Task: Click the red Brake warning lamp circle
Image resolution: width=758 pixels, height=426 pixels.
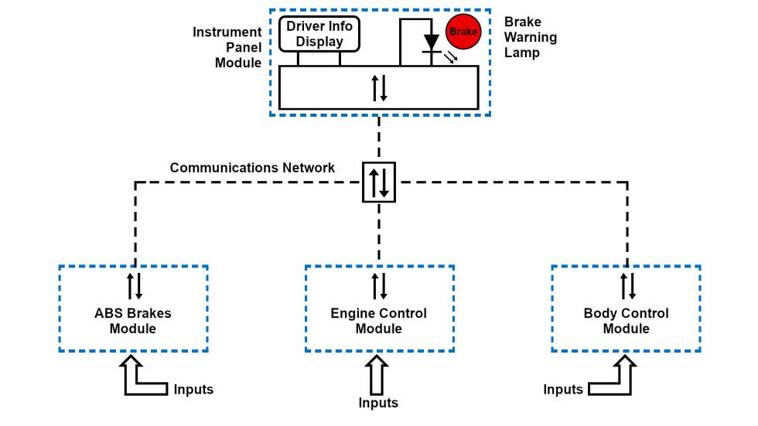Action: click(463, 32)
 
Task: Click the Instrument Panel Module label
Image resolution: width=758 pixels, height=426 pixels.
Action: click(227, 47)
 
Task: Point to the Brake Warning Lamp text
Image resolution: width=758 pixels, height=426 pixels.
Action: click(530, 37)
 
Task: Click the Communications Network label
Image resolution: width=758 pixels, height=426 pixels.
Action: click(252, 168)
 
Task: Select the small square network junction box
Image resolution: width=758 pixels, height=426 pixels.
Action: click(379, 182)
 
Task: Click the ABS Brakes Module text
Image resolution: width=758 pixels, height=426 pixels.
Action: click(133, 321)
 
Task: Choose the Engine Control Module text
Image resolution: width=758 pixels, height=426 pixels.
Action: click(379, 321)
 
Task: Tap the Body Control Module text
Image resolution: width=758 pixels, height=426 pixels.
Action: click(626, 321)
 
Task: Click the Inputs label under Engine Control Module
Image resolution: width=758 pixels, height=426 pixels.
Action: click(379, 403)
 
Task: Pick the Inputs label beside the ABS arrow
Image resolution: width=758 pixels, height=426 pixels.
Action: click(193, 390)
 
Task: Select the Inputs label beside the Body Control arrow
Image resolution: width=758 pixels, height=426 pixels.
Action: click(562, 390)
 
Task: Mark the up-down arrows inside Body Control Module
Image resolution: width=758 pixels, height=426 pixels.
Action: click(627, 285)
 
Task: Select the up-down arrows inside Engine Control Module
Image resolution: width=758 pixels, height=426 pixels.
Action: click(379, 285)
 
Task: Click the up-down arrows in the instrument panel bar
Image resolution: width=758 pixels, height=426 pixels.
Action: click(379, 87)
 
